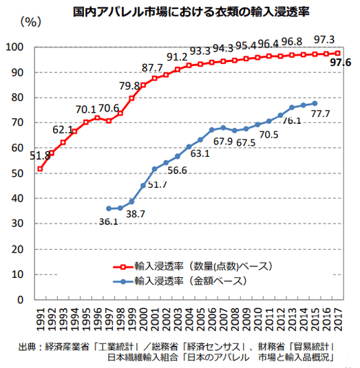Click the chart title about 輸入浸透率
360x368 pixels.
click(x=180, y=11)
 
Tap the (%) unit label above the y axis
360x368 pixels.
click(x=32, y=21)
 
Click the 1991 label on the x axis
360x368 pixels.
click(x=40, y=318)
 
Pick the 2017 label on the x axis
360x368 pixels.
click(x=337, y=318)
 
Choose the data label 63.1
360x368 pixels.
click(x=200, y=153)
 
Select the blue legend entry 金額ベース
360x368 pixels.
click(x=189, y=281)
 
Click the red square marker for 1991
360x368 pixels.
click(x=40, y=169)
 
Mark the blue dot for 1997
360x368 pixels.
click(x=109, y=208)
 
